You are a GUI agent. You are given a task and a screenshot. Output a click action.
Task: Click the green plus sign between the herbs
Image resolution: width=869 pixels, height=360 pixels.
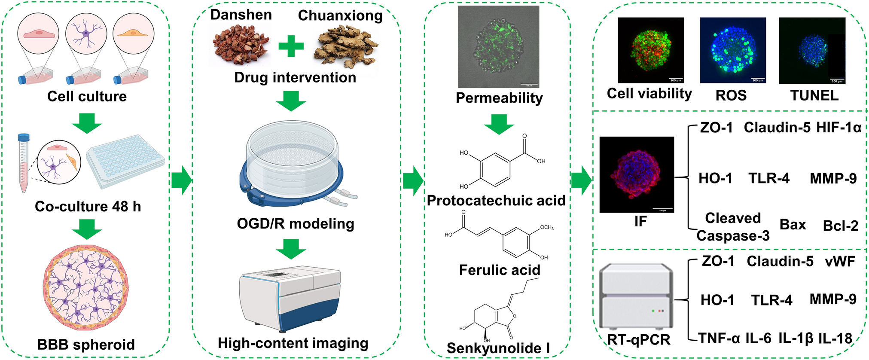pyautogui.click(x=291, y=46)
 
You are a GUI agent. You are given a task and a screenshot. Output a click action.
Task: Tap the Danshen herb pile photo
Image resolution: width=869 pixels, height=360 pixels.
pyautogui.click(x=241, y=44)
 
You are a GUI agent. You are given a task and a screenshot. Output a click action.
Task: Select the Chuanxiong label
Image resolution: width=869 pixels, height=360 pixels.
pyautogui.click(x=340, y=15)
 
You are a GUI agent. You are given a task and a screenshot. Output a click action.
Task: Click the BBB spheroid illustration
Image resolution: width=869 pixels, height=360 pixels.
pyautogui.click(x=86, y=287)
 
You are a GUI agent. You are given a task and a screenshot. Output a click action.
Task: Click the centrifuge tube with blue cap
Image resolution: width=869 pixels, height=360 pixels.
pyautogui.click(x=23, y=163)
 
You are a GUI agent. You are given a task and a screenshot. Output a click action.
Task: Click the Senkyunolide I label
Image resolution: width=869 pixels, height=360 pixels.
pyautogui.click(x=498, y=348)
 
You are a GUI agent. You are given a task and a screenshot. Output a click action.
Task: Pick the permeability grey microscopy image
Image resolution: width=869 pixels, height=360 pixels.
pyautogui.click(x=498, y=46)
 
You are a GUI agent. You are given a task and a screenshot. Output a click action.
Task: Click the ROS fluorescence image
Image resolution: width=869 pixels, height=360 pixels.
pyautogui.click(x=732, y=50)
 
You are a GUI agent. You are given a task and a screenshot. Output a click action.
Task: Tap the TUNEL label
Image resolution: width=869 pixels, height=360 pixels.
pyautogui.click(x=814, y=95)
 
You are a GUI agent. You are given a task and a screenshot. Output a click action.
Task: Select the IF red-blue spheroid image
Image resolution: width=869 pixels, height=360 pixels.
pyautogui.click(x=636, y=174)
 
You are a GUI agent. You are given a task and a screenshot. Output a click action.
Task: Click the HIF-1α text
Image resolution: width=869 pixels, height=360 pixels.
pyautogui.click(x=839, y=128)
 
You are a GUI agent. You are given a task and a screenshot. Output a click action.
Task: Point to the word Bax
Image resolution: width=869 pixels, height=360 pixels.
pyautogui.click(x=793, y=225)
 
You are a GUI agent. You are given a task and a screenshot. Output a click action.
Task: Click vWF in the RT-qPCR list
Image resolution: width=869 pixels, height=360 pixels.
pyautogui.click(x=840, y=261)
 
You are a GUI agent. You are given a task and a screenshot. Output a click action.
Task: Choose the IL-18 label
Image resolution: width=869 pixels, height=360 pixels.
pyautogui.click(x=835, y=339)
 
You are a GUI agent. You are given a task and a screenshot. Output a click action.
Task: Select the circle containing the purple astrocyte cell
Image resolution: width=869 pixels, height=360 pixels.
pyautogui.click(x=86, y=33)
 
